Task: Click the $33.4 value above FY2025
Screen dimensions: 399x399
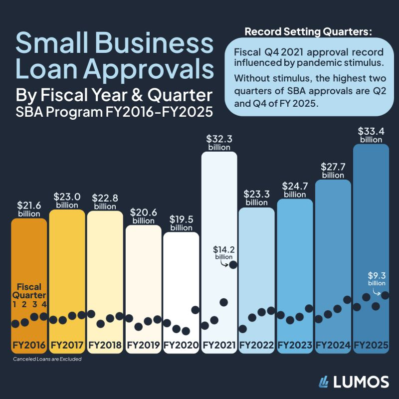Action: [x=371, y=132]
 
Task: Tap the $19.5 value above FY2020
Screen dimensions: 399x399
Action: [x=181, y=220]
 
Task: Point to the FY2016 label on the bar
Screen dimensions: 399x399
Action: [x=28, y=345]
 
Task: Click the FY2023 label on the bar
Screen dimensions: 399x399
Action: [x=295, y=345]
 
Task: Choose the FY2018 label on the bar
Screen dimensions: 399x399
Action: [x=105, y=345]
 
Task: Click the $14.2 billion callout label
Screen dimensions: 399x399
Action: [x=224, y=252]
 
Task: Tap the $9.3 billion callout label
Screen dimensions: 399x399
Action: [x=377, y=277]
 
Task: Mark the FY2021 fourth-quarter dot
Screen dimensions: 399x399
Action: [x=233, y=264]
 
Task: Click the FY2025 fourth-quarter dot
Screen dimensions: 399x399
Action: [x=385, y=295]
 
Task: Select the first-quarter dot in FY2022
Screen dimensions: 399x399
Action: [x=243, y=329]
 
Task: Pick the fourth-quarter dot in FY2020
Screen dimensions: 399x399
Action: [x=196, y=310]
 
